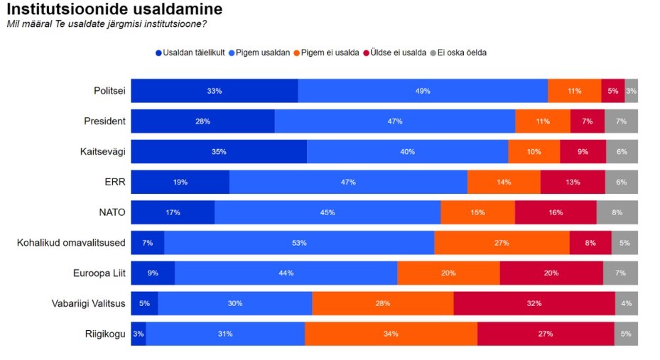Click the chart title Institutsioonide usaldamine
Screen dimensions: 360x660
(114, 10)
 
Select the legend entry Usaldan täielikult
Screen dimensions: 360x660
(190, 53)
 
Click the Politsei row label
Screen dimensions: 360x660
(109, 91)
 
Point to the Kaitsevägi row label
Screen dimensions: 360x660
(103, 151)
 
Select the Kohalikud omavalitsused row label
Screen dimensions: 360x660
(71, 243)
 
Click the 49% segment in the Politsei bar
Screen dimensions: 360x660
(423, 91)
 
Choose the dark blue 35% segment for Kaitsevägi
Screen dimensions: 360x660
(219, 151)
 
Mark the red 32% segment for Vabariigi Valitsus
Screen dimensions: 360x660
(534, 303)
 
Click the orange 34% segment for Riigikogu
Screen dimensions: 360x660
(391, 334)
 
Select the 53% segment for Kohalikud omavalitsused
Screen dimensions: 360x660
(299, 243)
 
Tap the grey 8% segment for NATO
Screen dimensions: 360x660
(617, 212)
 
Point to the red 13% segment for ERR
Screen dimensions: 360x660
(573, 182)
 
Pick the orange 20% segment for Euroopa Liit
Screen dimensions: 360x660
(448, 273)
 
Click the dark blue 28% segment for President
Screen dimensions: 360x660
(202, 121)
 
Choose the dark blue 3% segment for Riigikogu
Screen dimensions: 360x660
(138, 334)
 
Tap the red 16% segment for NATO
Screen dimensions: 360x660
(556, 212)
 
